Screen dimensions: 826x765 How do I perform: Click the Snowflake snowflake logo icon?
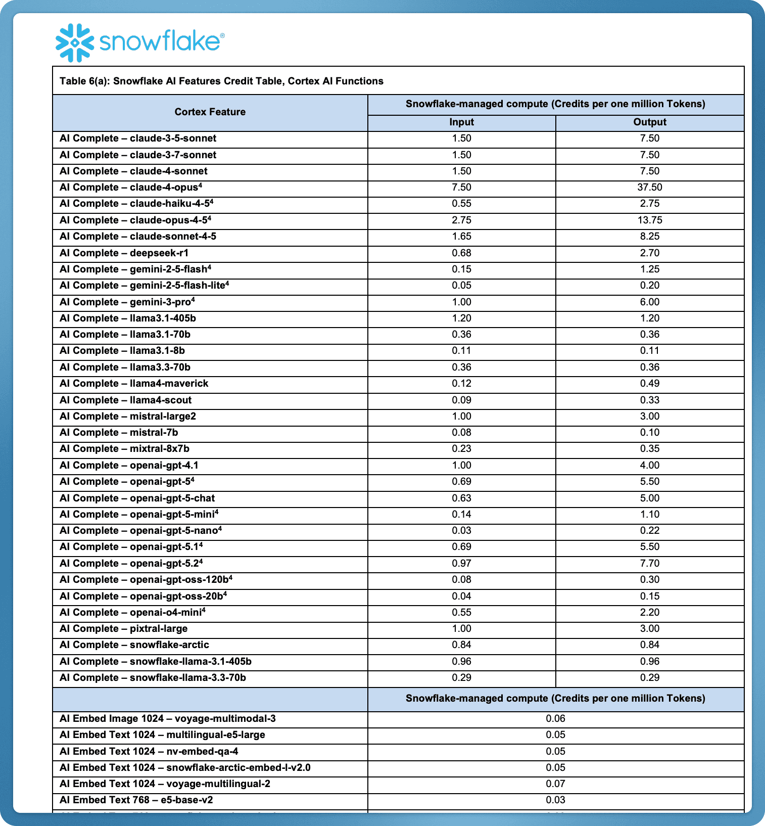pos(75,43)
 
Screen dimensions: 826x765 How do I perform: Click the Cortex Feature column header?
pos(210,112)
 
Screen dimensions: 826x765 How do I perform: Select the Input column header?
pos(461,122)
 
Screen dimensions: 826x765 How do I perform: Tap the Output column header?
pos(649,122)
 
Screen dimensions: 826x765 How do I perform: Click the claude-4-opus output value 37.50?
pos(649,188)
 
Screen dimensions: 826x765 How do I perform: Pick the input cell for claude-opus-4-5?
pos(461,220)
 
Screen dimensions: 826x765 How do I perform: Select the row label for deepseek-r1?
pos(124,253)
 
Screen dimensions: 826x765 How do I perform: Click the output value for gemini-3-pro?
pos(649,302)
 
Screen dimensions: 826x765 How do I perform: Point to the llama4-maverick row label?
pos(134,384)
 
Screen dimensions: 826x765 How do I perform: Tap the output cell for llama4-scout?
pos(649,400)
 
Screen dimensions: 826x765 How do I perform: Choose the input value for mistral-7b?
pos(461,433)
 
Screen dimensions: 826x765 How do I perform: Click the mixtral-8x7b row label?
pos(124,449)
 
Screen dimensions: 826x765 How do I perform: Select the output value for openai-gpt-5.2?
pos(649,564)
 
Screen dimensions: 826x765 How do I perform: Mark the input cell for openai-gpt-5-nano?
pos(461,531)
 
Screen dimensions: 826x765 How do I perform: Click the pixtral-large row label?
pos(123,629)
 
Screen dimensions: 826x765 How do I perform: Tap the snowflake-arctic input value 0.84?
pos(461,645)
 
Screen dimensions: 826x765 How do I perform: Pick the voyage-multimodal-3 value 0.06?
pos(555,719)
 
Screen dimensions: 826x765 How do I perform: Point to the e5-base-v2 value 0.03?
pos(555,800)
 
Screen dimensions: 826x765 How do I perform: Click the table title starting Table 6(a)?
pos(221,81)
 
